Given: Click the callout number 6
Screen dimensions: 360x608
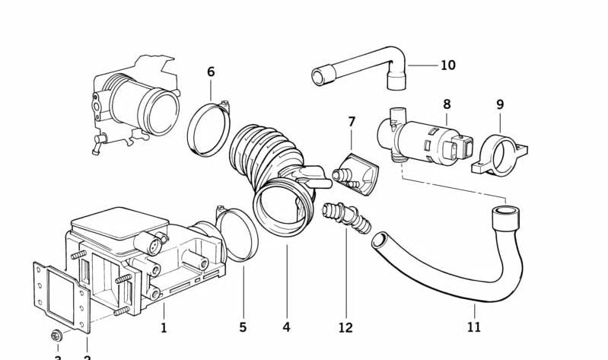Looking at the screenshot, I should pyautogui.click(x=211, y=72).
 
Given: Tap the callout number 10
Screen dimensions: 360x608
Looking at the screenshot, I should pyautogui.click(x=447, y=65).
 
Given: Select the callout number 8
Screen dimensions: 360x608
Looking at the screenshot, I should pyautogui.click(x=447, y=104).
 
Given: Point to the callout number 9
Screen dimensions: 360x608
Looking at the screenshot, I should pyautogui.click(x=500, y=104).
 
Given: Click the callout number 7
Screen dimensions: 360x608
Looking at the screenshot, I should pyautogui.click(x=352, y=122).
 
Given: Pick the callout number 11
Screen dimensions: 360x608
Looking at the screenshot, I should pyautogui.click(x=474, y=327).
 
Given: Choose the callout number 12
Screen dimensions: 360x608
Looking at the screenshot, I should pyautogui.click(x=345, y=327).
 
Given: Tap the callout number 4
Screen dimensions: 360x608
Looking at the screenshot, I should pyautogui.click(x=286, y=327).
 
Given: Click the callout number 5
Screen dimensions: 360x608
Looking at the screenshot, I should pyautogui.click(x=243, y=327).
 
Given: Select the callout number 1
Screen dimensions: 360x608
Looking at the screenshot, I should pyautogui.click(x=163, y=328).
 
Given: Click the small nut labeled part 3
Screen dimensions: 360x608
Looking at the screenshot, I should pyautogui.click(x=58, y=334).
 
